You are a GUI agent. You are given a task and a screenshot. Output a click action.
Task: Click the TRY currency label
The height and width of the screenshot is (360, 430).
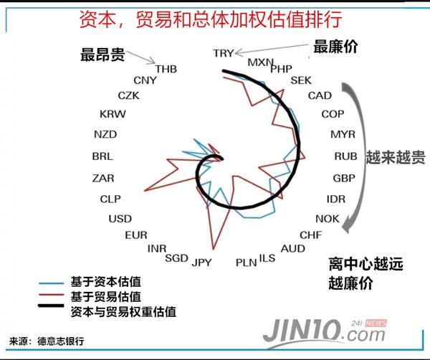click(224, 53)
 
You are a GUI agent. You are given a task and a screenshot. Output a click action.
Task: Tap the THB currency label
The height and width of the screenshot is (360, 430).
click(166, 69)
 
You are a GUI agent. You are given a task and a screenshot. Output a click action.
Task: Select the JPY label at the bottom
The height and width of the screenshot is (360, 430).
click(201, 262)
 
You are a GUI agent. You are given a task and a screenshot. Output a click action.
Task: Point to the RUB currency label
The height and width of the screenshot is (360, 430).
click(345, 156)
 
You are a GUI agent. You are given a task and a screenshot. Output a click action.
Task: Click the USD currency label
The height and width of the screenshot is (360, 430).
click(120, 219)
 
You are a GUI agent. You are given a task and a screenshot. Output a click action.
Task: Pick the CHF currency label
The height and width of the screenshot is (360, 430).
click(311, 235)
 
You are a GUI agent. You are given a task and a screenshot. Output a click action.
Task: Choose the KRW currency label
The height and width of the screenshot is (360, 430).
click(113, 114)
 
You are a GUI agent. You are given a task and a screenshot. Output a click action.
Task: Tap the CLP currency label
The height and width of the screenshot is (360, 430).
click(110, 199)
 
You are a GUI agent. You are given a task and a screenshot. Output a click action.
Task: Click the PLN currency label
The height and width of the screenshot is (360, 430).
click(247, 262)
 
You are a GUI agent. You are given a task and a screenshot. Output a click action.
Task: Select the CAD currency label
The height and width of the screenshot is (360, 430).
click(320, 96)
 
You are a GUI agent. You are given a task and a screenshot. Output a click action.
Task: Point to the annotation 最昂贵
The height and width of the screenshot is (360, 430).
click(102, 55)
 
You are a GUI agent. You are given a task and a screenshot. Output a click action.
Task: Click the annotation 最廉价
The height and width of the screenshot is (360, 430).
click(335, 47)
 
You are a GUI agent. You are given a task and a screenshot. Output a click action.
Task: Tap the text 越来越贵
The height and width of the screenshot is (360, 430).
click(396, 157)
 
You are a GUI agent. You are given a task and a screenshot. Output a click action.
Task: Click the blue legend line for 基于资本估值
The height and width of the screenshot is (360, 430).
click(52, 283)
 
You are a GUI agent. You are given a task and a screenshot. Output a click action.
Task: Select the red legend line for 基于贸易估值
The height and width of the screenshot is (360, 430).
click(52, 295)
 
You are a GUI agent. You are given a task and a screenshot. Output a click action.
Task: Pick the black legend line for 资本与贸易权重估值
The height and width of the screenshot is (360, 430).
click(52, 305)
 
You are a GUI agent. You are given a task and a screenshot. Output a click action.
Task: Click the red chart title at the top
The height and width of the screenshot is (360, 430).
click(211, 19)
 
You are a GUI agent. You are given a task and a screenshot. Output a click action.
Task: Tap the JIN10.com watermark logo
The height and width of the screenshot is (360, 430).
click(325, 332)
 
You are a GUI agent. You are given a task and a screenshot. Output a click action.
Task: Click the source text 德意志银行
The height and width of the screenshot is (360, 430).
click(61, 341)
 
